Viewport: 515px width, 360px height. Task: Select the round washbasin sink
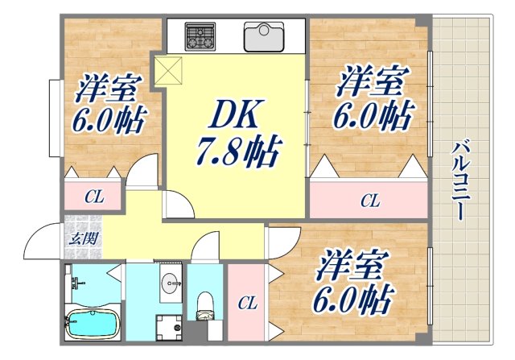[x=170, y=283]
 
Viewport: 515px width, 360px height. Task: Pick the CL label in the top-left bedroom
[x=93, y=195]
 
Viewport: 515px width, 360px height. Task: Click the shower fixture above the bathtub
[x=76, y=283]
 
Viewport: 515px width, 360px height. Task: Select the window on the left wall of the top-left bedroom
[x=52, y=118]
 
